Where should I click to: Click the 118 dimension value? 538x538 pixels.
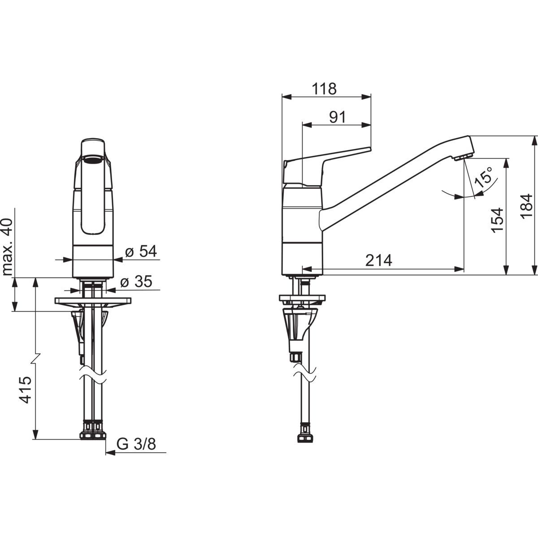(324, 89)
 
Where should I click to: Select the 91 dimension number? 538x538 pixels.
(338, 117)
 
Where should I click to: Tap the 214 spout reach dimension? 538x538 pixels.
(378, 260)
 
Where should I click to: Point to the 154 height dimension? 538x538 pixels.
(497, 219)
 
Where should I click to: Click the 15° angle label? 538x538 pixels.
(485, 177)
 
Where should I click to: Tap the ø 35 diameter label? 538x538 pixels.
(136, 282)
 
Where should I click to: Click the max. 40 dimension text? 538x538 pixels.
(7, 247)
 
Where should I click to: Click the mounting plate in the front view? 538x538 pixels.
(93, 301)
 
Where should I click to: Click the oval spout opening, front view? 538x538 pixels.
(93, 159)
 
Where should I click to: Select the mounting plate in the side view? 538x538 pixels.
(302, 298)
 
